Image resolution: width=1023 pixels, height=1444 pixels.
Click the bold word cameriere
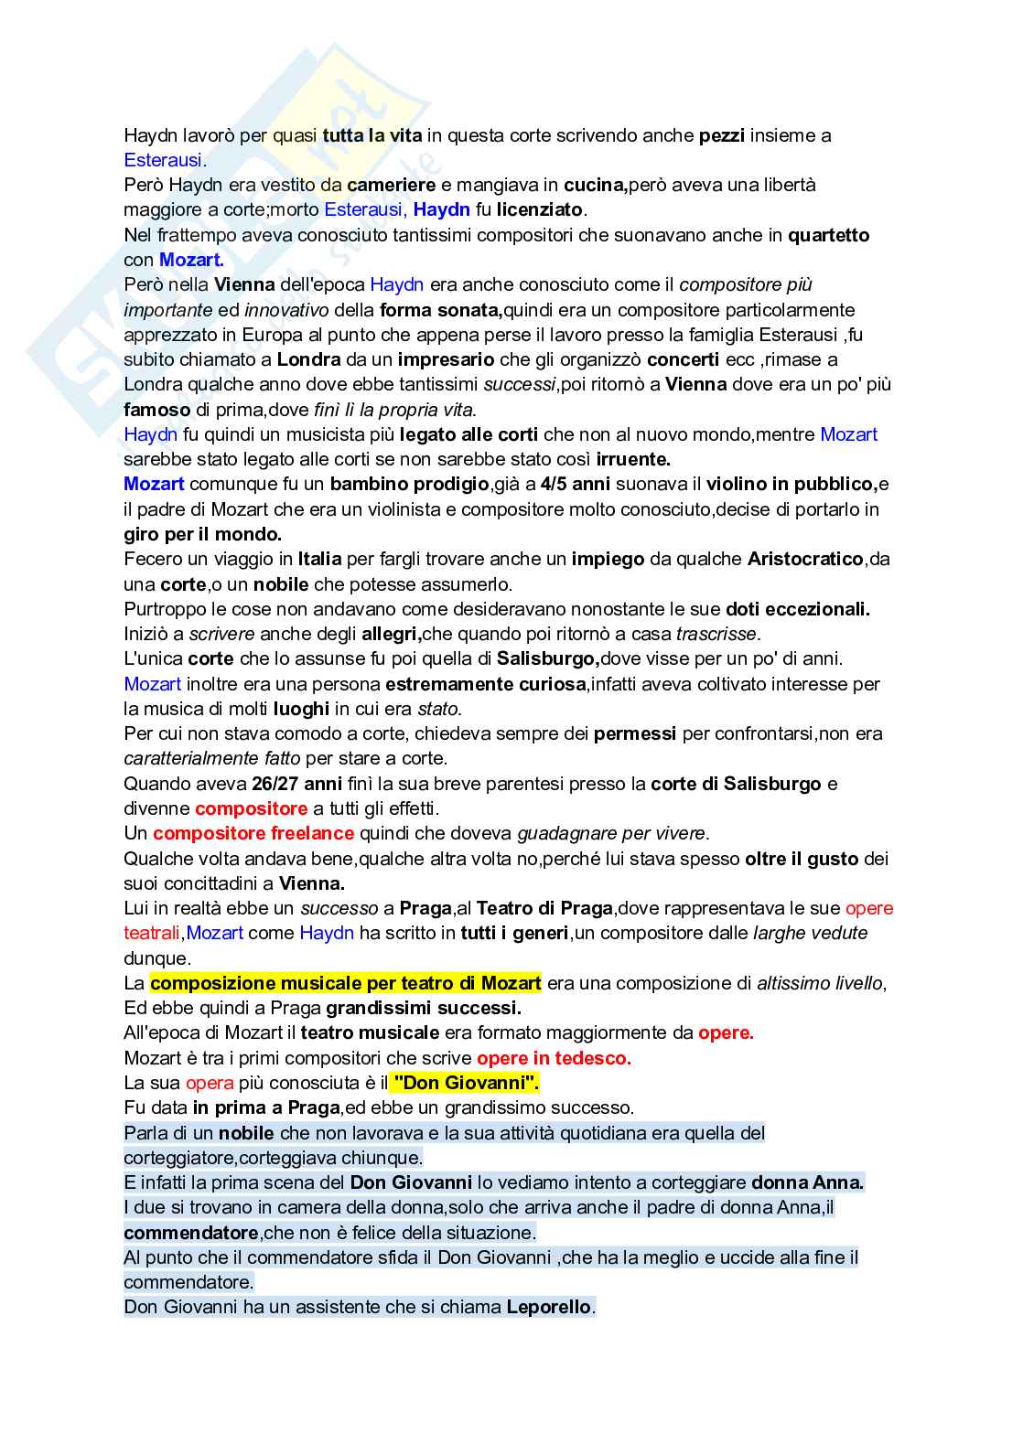[392, 185]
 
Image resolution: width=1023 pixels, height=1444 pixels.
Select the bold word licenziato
[539, 209]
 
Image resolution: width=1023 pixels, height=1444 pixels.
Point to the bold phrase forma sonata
[441, 310]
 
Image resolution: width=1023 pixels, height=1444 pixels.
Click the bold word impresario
[446, 359]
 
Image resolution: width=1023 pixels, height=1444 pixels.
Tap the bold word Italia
[319, 559]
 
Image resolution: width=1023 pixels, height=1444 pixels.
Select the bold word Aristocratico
[805, 559]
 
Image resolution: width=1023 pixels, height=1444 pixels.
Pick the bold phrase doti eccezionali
[797, 609]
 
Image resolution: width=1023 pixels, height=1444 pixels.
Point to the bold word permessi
[635, 733]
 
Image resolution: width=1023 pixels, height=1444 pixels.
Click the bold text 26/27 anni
[296, 784]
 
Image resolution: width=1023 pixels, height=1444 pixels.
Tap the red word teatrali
[153, 933]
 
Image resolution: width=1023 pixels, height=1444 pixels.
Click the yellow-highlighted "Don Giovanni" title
[466, 1083]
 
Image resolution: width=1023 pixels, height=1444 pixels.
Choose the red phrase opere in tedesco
[554, 1058]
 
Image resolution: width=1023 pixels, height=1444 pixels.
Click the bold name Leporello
[549, 1307]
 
